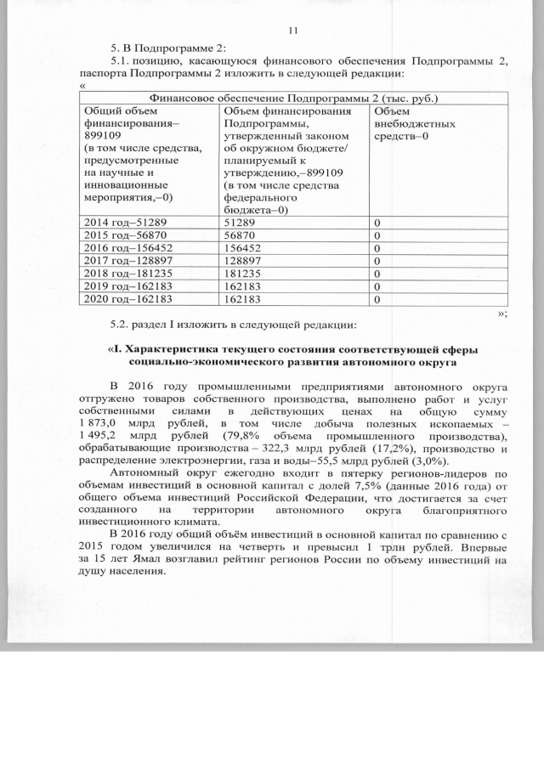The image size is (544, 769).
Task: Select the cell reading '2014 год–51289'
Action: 119,221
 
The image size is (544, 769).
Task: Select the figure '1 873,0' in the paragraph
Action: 98,423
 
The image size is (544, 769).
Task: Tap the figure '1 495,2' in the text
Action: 98,437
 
